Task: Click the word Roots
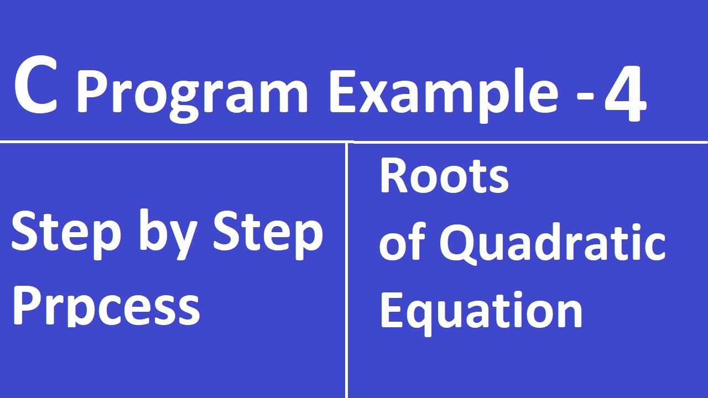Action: click(x=444, y=177)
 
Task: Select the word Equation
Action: click(x=481, y=311)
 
